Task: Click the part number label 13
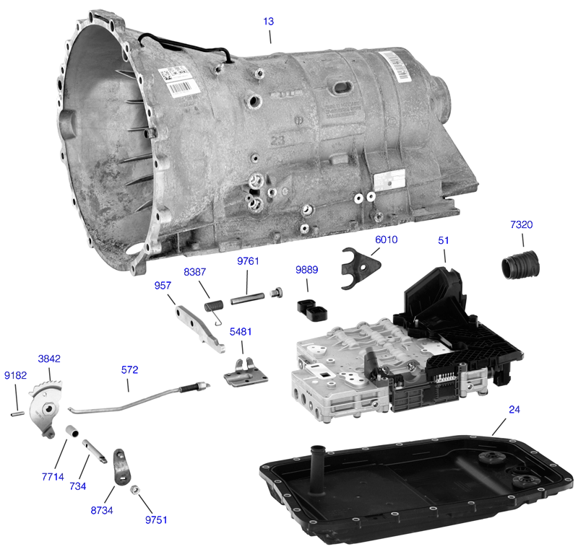(x=268, y=22)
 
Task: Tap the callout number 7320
(x=521, y=225)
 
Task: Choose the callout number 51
(x=443, y=240)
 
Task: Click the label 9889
(x=306, y=271)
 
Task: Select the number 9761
(x=248, y=261)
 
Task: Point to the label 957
(x=163, y=286)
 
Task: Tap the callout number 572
(x=130, y=369)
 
